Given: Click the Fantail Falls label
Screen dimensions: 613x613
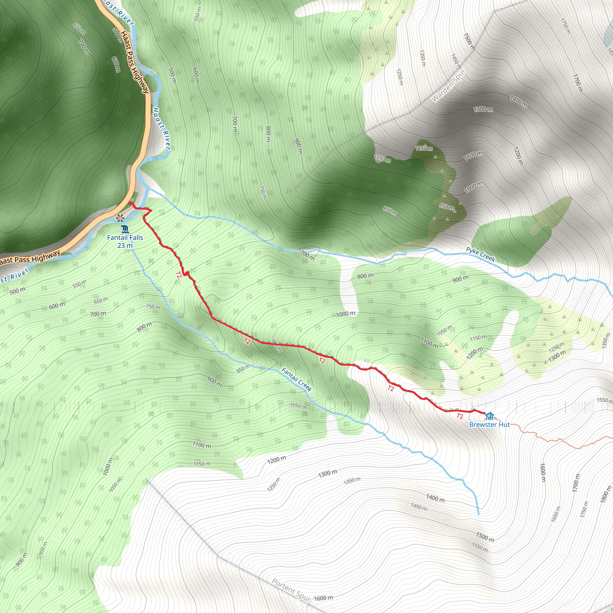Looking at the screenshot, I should click(125, 238).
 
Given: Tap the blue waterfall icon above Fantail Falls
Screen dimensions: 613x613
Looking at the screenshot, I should click(125, 229).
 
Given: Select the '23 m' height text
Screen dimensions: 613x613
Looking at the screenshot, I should click(125, 245).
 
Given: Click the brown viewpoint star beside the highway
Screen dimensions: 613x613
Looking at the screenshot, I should click(120, 218).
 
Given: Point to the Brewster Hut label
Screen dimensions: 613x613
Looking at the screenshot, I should click(489, 424).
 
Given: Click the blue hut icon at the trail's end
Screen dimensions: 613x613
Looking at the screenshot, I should click(490, 416).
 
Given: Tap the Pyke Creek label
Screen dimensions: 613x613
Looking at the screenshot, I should click(480, 254).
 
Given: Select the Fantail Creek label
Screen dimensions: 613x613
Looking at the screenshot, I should click(297, 380).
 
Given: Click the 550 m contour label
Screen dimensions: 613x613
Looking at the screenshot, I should click(79, 284).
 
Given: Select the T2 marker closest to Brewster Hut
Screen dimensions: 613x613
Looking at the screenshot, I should click(460, 416).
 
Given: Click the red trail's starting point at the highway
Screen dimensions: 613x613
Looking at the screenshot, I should click(130, 203).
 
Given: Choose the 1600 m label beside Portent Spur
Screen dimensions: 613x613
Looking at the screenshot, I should click(324, 598).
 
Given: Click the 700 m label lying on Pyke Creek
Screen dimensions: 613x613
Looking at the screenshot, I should click(307, 255).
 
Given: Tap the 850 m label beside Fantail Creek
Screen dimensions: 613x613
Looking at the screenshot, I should click(243, 369).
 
